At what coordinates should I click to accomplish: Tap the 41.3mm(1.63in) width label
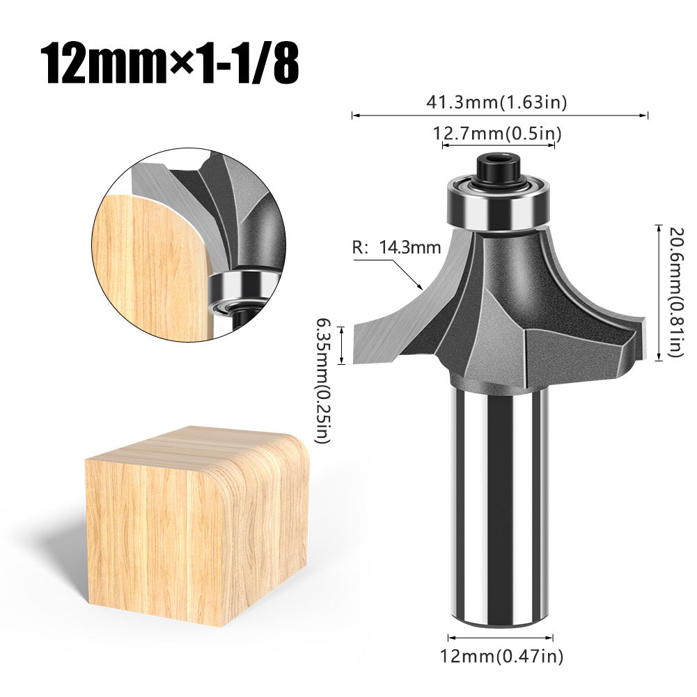[497, 102]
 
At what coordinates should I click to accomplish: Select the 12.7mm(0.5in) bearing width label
[498, 132]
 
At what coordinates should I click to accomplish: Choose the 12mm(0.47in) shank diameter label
[501, 656]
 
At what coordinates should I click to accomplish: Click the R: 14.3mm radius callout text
[396, 246]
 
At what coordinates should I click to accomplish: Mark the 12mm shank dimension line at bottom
[500, 637]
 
